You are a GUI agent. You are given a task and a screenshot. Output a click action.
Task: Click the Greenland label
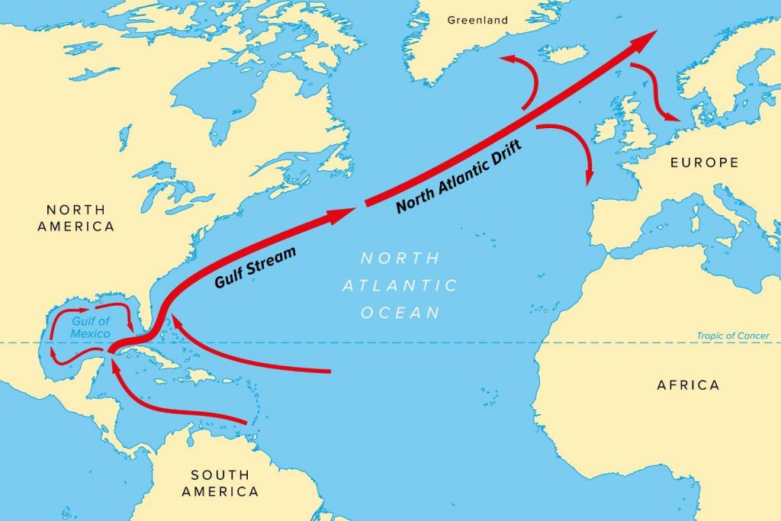477,21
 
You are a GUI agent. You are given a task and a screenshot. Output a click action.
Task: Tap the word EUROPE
704,162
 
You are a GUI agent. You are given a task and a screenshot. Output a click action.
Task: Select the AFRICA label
688,384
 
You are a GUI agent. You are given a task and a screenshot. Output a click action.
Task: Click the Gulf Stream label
254,268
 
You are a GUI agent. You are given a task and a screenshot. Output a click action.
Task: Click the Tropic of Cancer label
733,336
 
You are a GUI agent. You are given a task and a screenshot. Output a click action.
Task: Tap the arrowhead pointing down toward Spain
588,177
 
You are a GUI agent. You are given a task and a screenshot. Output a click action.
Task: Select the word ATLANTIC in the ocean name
400,285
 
